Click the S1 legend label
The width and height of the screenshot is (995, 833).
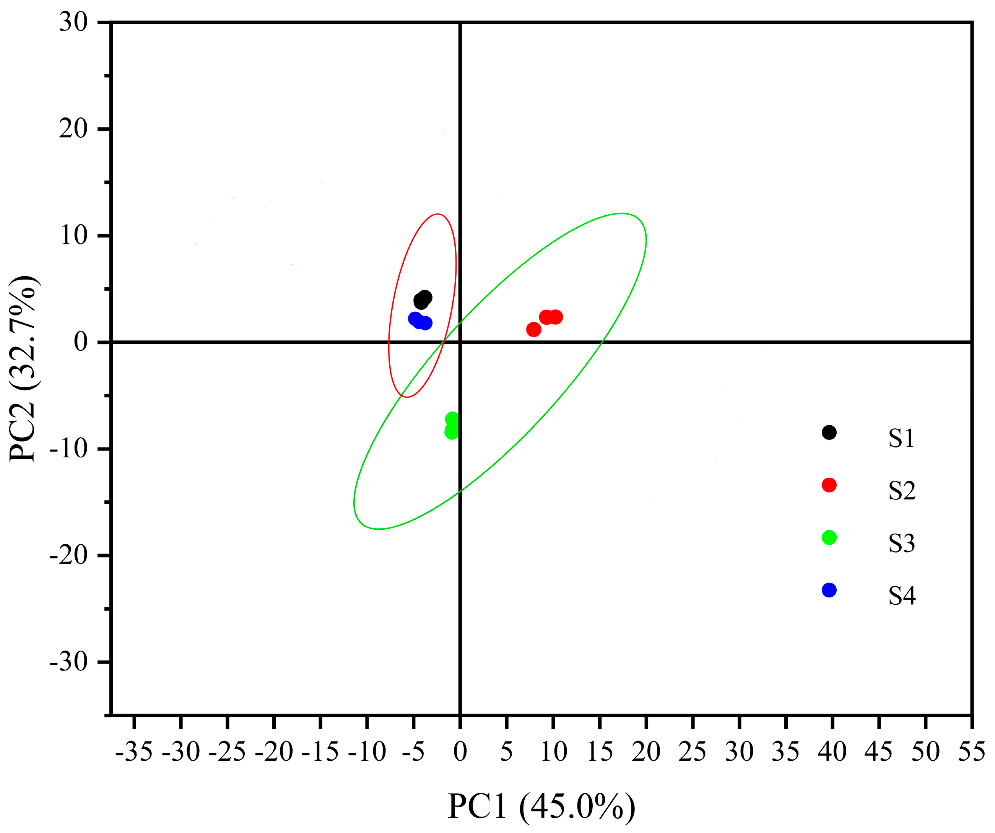[901, 438]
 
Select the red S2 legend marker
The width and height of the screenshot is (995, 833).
[829, 485]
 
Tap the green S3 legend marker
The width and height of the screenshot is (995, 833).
[829, 537]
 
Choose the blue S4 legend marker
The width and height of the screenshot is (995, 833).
[829, 590]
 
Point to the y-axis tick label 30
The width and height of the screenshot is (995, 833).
[73, 22]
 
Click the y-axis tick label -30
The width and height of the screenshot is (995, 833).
[69, 662]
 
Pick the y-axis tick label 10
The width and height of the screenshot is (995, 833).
[73, 236]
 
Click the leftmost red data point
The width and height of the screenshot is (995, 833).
[533, 329]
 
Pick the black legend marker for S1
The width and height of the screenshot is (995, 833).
[829, 432]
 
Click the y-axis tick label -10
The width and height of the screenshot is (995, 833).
[69, 448]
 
